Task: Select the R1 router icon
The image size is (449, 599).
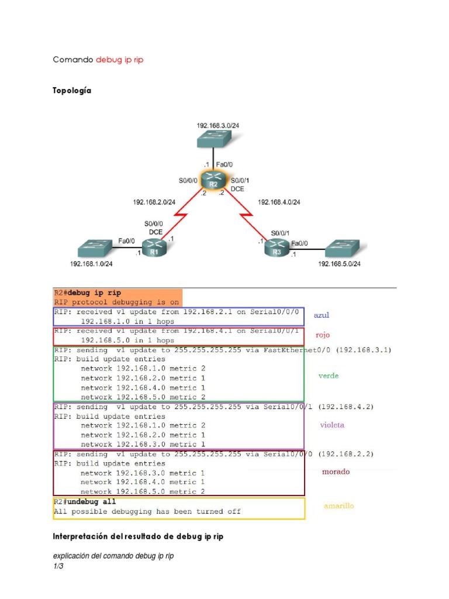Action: [x=154, y=249]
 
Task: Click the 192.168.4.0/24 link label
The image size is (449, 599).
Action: [x=279, y=202]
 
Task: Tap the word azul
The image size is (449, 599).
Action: [x=322, y=315]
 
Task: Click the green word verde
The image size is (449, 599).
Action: [x=328, y=376]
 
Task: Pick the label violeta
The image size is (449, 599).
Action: [x=331, y=425]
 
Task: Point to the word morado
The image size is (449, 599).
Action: [x=336, y=471]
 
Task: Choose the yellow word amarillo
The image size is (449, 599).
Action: [x=339, y=506]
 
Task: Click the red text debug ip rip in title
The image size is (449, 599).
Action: [x=119, y=60]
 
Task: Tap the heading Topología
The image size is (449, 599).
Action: [x=72, y=91]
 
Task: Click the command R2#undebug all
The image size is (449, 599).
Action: [x=85, y=502]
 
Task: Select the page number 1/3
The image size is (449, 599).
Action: [x=58, y=566]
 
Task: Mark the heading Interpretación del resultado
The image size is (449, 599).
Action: [x=138, y=536]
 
